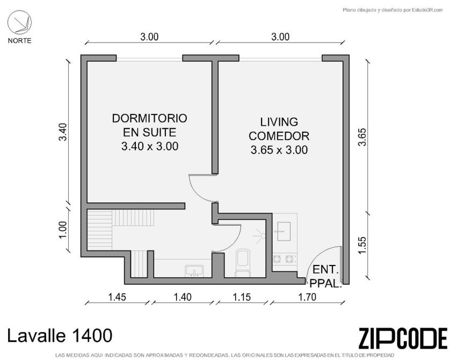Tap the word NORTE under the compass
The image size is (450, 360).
coord(19,41)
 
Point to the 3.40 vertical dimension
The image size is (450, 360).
coord(63,132)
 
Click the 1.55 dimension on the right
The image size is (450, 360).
coord(362,245)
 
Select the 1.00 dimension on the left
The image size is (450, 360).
coord(63,229)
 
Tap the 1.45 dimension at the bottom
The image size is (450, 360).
coord(117,297)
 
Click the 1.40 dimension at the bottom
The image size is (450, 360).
coord(183,297)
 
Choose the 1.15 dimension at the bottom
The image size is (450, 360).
coord(242,297)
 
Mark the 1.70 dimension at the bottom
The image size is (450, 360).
coord(307,297)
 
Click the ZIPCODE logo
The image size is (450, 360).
coord(403,338)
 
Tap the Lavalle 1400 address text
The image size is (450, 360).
coord(60,336)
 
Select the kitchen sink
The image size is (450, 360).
coord(283,232)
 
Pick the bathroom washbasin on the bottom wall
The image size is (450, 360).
coord(194,271)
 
